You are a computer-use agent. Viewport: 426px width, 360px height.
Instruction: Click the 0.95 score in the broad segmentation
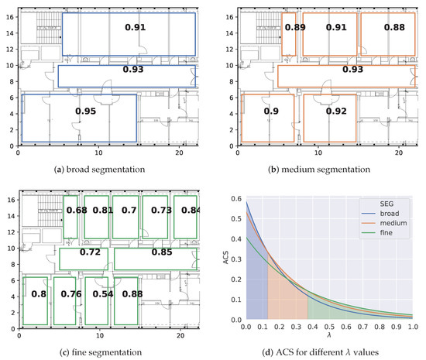[85, 111]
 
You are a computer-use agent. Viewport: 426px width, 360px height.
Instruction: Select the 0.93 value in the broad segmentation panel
[132, 70]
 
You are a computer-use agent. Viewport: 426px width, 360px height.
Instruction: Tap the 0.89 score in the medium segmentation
[294, 28]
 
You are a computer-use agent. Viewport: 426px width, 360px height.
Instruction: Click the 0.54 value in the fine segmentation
[98, 294]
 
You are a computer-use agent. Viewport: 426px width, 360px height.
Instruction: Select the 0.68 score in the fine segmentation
[77, 210]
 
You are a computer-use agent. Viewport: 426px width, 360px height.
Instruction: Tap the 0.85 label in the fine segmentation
[162, 252]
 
